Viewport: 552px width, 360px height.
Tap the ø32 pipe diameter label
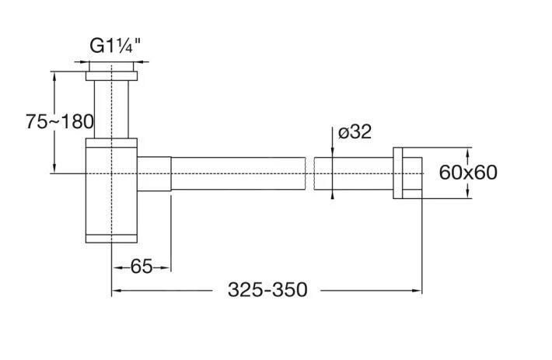coord(355,131)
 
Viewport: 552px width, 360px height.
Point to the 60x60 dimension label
coord(468,172)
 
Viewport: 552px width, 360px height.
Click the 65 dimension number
coord(141,267)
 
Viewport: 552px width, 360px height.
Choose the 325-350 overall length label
coord(267,290)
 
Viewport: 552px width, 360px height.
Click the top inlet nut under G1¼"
coord(112,76)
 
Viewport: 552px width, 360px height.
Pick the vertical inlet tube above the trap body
coord(112,110)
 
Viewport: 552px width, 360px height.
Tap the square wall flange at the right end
coord(407,172)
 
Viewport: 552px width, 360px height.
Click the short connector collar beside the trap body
coord(155,172)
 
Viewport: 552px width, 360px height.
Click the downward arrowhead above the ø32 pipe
coord(333,152)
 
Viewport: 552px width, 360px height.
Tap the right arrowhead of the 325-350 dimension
coord(417,291)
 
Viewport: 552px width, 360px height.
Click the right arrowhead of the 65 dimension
coord(166,267)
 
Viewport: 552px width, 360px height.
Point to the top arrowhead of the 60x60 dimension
coord(469,150)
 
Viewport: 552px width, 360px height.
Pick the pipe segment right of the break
coord(354,172)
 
